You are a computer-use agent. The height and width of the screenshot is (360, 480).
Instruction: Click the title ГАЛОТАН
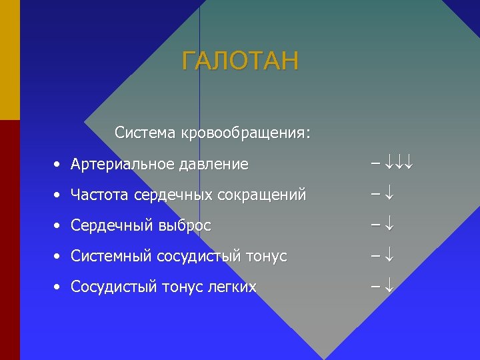[241, 61]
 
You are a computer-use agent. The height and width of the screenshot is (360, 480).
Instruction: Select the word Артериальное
[123, 164]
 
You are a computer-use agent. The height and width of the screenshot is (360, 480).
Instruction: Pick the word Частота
[100, 195]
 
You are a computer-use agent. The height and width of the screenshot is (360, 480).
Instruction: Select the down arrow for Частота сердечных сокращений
[390, 195]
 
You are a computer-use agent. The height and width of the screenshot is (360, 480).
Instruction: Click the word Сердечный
[113, 226]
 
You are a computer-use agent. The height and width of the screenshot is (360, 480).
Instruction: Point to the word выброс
[185, 226]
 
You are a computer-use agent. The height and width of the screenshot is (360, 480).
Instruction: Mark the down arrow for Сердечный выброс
[390, 225]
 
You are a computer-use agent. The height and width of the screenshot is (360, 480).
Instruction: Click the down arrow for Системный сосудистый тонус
[390, 256]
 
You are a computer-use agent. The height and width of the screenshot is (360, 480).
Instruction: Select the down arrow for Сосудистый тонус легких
[390, 287]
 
